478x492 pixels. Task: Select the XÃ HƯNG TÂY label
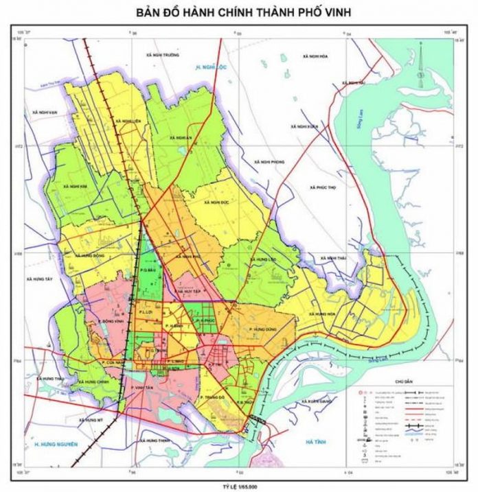(39, 280)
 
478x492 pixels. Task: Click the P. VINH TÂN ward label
(143, 388)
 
